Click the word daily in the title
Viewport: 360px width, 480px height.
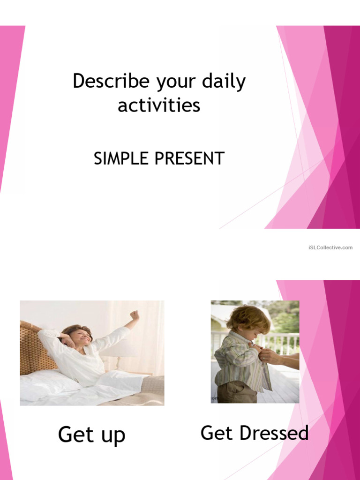(224, 82)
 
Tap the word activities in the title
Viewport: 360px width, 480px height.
(159, 105)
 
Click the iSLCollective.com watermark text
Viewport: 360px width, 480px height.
(330, 247)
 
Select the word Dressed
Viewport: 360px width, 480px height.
(274, 433)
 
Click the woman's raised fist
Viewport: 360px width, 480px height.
(135, 315)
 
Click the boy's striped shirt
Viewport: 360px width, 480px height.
(237, 361)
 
